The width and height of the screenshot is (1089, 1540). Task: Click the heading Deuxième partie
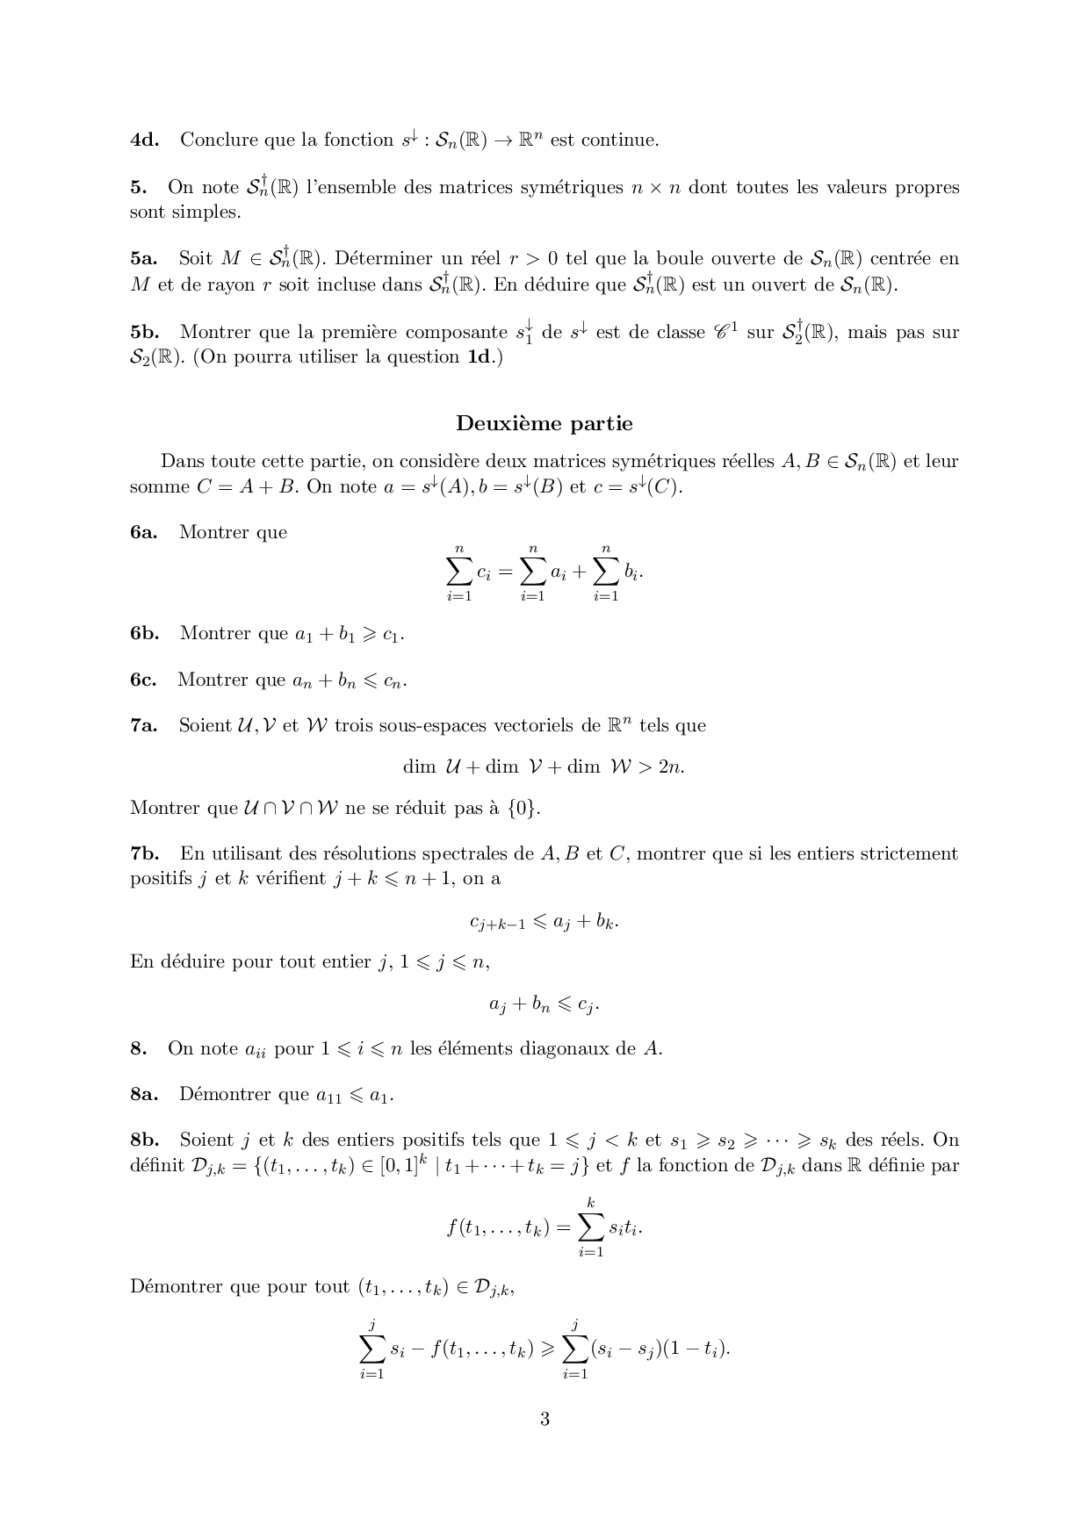(544, 423)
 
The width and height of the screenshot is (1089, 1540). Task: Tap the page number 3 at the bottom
(544, 1419)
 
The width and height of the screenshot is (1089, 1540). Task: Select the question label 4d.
(144, 140)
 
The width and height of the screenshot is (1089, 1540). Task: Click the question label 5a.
(143, 258)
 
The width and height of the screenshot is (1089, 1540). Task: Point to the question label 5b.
(145, 332)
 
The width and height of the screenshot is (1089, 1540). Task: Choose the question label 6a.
(143, 532)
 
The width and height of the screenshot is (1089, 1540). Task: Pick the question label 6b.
(145, 633)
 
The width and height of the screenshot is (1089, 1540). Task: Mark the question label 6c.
(143, 680)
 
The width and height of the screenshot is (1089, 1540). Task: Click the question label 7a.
(143, 725)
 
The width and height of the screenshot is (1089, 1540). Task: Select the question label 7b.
(145, 853)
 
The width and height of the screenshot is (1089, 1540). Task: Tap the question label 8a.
(143, 1094)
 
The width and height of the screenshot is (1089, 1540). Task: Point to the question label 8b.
(145, 1140)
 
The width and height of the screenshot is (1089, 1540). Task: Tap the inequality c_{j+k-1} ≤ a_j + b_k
(544, 922)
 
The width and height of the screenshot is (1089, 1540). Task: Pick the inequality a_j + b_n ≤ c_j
(544, 1004)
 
